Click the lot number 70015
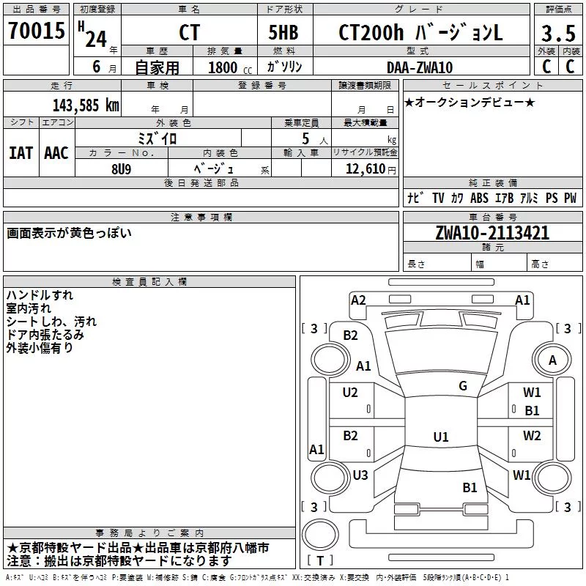[37, 30]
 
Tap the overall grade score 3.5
[558, 33]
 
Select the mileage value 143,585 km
[86, 105]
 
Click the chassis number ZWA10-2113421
[492, 233]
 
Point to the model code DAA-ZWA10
[420, 67]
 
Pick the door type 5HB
[283, 32]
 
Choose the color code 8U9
[122, 169]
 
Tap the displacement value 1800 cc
[230, 67]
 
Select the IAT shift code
[21, 153]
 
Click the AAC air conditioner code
[56, 153]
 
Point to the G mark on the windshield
[463, 386]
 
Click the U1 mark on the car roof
[441, 437]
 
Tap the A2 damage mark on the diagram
[358, 300]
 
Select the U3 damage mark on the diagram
[360, 475]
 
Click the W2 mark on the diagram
[532, 435]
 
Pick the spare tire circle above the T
[320, 535]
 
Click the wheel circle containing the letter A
[552, 360]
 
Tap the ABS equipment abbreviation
[479, 198]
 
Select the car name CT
[190, 32]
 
